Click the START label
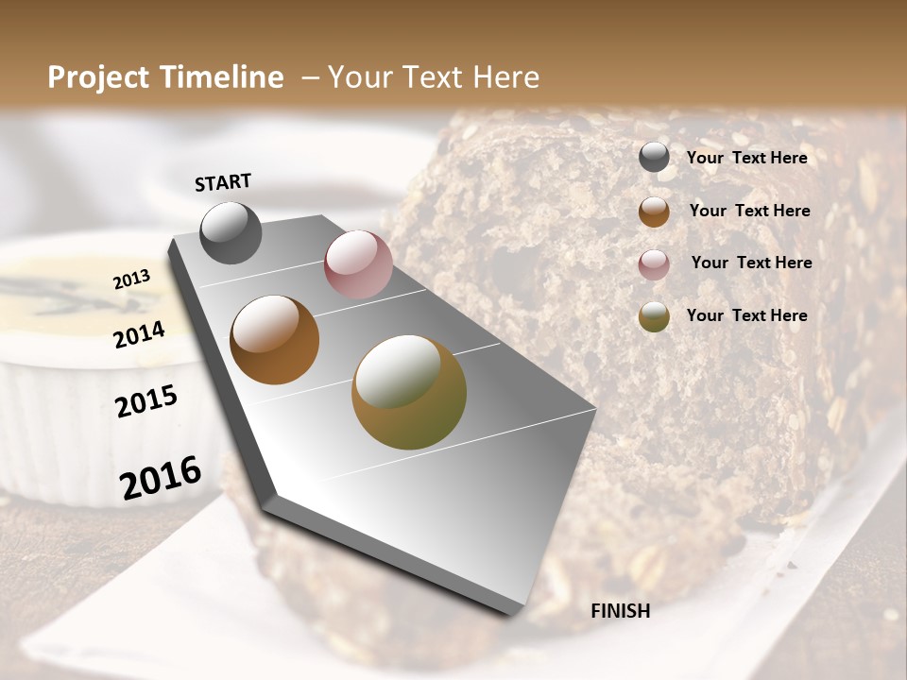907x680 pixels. click(223, 182)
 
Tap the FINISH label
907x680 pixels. click(620, 611)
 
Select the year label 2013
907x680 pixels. click(132, 279)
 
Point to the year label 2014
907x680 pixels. click(140, 334)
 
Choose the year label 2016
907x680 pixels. click(161, 477)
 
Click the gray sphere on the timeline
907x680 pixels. click(231, 232)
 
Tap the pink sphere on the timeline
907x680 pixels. click(358, 264)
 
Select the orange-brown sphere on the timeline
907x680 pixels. click(275, 340)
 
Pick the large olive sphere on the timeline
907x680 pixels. click(409, 392)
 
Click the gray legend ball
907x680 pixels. click(654, 158)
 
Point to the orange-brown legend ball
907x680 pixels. click(654, 212)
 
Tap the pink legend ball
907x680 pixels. click(654, 264)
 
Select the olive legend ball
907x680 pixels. click(654, 316)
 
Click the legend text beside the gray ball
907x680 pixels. click(746, 159)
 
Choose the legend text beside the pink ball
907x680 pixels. click(751, 263)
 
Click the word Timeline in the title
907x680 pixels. click(221, 77)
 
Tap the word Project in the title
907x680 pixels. click(99, 77)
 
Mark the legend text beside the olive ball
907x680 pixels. click(746, 315)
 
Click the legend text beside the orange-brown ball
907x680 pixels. click(749, 211)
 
